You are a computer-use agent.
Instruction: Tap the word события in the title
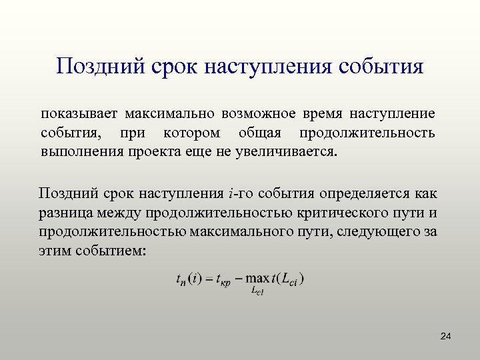pos(381,67)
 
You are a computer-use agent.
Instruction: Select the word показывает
pos(78,115)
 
